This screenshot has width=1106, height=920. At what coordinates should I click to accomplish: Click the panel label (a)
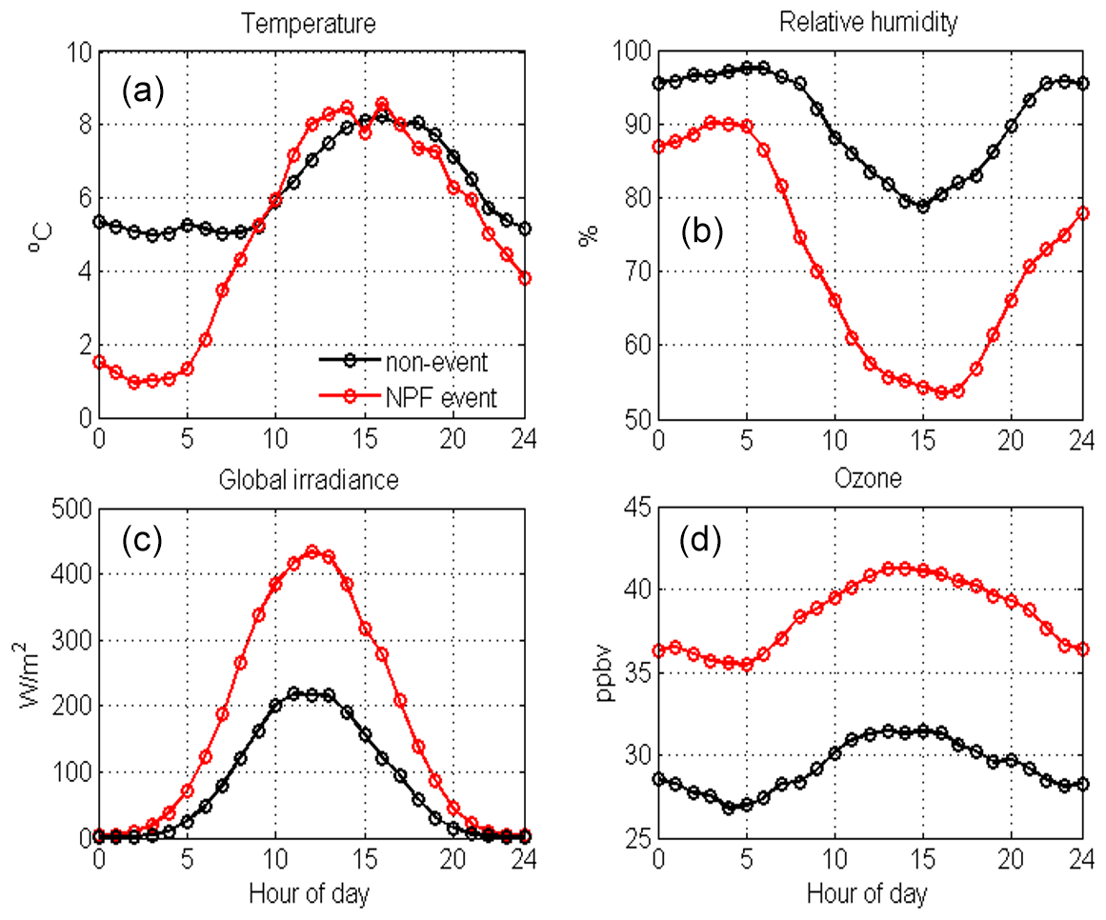(x=144, y=91)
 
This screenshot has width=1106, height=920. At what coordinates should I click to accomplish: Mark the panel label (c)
(x=142, y=540)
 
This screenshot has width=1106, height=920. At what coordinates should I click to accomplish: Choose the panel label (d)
(x=700, y=540)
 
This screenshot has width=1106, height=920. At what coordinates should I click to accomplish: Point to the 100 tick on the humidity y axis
(x=630, y=51)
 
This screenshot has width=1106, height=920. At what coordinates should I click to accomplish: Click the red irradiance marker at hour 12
(x=312, y=551)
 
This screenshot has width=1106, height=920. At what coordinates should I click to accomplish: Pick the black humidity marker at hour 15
(x=922, y=206)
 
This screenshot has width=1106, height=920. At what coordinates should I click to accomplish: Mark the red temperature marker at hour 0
(x=99, y=362)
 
